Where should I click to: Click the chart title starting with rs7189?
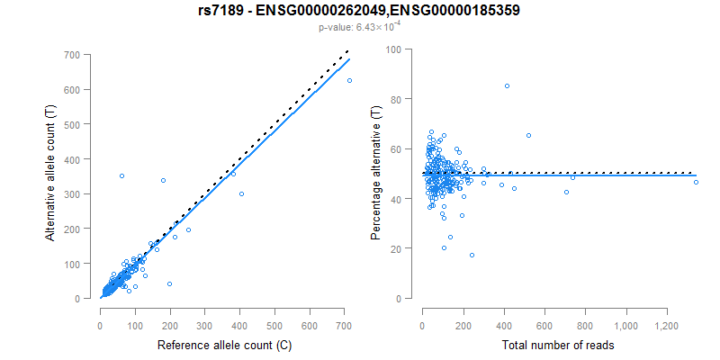pos(359,12)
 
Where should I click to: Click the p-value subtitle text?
pos(359,28)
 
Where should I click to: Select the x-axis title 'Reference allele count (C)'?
pos(224,346)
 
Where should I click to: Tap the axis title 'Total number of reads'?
pos(558,346)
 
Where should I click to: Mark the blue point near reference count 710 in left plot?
pos(349,81)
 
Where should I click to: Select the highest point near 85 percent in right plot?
pos(507,86)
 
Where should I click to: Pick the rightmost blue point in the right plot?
pos(696,183)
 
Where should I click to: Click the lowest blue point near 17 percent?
pos(472,255)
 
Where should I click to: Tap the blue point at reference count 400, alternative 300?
pos(241,193)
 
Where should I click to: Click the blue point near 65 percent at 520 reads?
pos(528,135)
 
